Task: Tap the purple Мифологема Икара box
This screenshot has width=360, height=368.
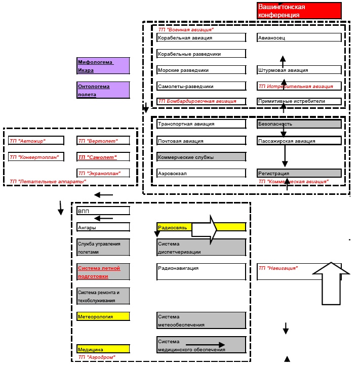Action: pyautogui.click(x=103, y=66)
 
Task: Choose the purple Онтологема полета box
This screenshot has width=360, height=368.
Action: pyautogui.click(x=103, y=90)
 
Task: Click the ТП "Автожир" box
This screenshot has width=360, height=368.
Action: pyautogui.click(x=36, y=141)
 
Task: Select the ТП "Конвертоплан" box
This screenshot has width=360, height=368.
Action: pyautogui.click(x=36, y=157)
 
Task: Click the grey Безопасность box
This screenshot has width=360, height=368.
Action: pyautogui.click(x=299, y=123)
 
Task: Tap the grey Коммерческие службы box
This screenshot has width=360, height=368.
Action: pyautogui.click(x=201, y=157)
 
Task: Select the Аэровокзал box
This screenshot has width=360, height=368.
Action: pyautogui.click(x=201, y=173)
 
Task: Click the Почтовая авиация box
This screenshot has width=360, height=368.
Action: pyautogui.click(x=201, y=141)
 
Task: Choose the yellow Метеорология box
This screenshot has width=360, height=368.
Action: pyautogui.click(x=103, y=316)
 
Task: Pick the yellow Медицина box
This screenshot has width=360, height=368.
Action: pyautogui.click(x=103, y=349)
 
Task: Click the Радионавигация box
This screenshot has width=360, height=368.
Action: pyautogui.click(x=201, y=272)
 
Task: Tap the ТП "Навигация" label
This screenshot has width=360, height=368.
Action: pyautogui.click(x=278, y=268)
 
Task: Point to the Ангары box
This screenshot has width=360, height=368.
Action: pyautogui.click(x=103, y=227)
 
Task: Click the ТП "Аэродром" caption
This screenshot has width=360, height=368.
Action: pyautogui.click(x=97, y=357)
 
